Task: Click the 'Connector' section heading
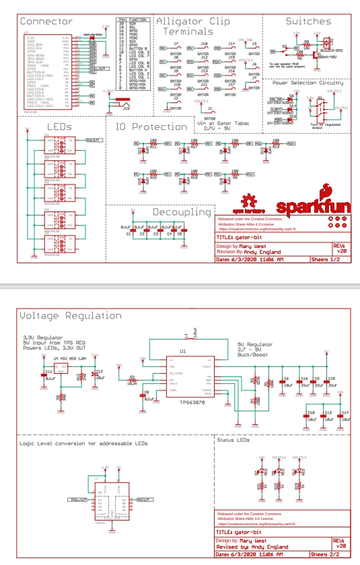tap(46, 22)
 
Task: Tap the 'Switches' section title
tap(308, 22)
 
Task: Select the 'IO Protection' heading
tap(151, 127)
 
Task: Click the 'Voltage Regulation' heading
tap(71, 315)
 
